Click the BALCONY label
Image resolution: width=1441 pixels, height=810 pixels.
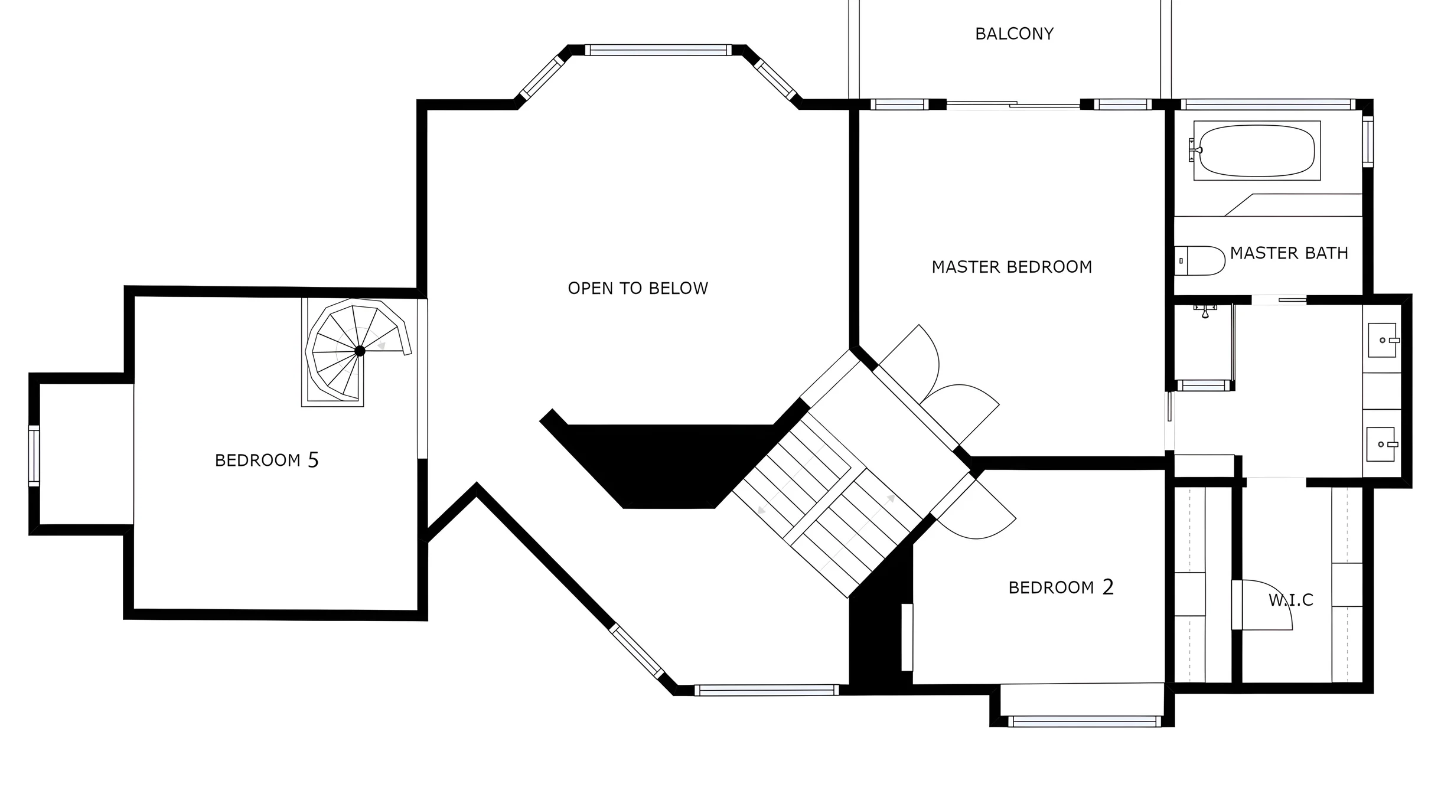pyautogui.click(x=1014, y=34)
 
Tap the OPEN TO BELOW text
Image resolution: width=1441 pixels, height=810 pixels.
pyautogui.click(x=638, y=288)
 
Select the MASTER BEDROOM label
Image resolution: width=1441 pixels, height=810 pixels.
pyautogui.click(x=1012, y=267)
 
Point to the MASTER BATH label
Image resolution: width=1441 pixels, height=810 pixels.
pyautogui.click(x=1289, y=253)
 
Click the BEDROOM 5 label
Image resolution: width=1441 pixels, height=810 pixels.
pyautogui.click(x=266, y=460)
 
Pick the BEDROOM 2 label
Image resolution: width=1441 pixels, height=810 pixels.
pyautogui.click(x=1061, y=587)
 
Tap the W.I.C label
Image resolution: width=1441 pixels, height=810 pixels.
pyautogui.click(x=1291, y=600)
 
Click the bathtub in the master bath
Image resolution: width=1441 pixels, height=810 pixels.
pyautogui.click(x=1257, y=151)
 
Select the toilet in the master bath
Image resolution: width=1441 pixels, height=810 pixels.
pyautogui.click(x=1199, y=261)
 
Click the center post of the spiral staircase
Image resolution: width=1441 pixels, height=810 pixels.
pyautogui.click(x=360, y=351)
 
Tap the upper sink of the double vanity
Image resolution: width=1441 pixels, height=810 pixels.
pyautogui.click(x=1383, y=340)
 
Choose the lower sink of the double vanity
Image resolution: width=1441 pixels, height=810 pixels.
pyautogui.click(x=1381, y=444)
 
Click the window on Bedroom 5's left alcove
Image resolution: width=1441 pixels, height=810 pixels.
pyautogui.click(x=34, y=456)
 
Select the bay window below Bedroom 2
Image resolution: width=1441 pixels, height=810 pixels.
pyautogui.click(x=1084, y=721)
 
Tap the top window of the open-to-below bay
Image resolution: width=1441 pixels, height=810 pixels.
pyautogui.click(x=658, y=50)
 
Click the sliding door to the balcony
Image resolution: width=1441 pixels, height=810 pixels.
pyautogui.click(x=1013, y=105)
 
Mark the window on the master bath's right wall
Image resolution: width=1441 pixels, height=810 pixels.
pyautogui.click(x=1368, y=142)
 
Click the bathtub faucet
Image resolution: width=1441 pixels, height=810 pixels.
pyautogui.click(x=1195, y=150)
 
